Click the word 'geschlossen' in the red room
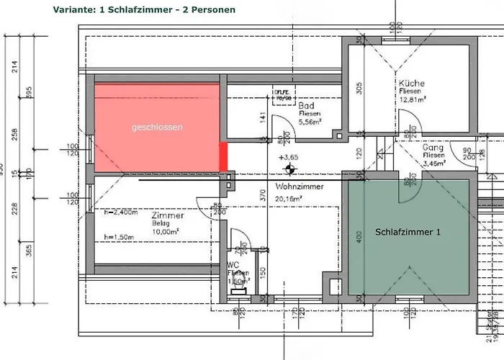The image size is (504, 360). [156, 127]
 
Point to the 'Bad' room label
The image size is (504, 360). [306, 106]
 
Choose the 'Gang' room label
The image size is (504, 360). [432, 145]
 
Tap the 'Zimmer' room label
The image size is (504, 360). [168, 215]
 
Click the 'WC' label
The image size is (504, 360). [233, 265]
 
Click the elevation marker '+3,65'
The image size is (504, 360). [290, 157]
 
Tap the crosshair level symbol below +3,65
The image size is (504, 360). [290, 170]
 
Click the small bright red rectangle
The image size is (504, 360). [224, 156]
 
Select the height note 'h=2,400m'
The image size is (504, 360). [121, 212]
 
